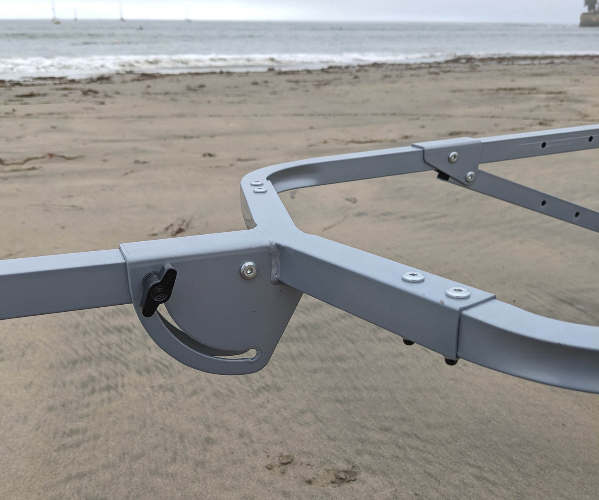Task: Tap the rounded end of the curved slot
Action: (257, 353)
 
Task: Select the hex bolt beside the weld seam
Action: (248, 270)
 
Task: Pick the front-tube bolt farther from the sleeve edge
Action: (413, 277)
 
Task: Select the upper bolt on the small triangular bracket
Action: (453, 156)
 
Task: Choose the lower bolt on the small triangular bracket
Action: (469, 177)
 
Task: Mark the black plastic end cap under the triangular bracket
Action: (442, 177)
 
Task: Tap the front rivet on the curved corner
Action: (260, 190)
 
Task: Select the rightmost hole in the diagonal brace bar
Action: (576, 214)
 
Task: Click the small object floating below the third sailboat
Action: (141, 28)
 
